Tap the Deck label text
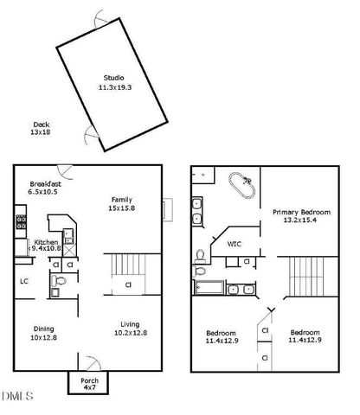click(x=41, y=125)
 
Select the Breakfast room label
click(x=44, y=183)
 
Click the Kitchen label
click(x=46, y=242)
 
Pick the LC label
click(x=25, y=280)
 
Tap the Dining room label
click(x=43, y=328)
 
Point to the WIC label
click(x=234, y=244)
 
